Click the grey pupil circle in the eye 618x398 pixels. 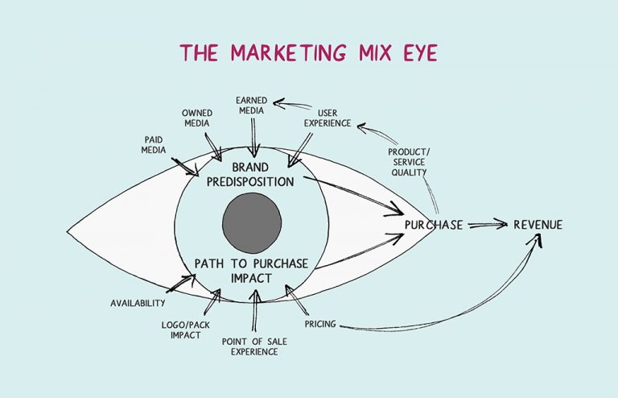[x=251, y=221]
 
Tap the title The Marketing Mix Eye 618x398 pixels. [x=309, y=53]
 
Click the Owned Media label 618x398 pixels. [x=196, y=118]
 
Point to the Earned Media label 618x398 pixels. [x=252, y=105]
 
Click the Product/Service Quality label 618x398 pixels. [x=409, y=162]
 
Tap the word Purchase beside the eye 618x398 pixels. [x=434, y=225]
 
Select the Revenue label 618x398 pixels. [x=538, y=225]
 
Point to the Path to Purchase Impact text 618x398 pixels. [x=251, y=271]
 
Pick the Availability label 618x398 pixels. [x=138, y=304]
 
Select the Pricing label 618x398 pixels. [x=319, y=324]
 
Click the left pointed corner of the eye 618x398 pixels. [x=68, y=232]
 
